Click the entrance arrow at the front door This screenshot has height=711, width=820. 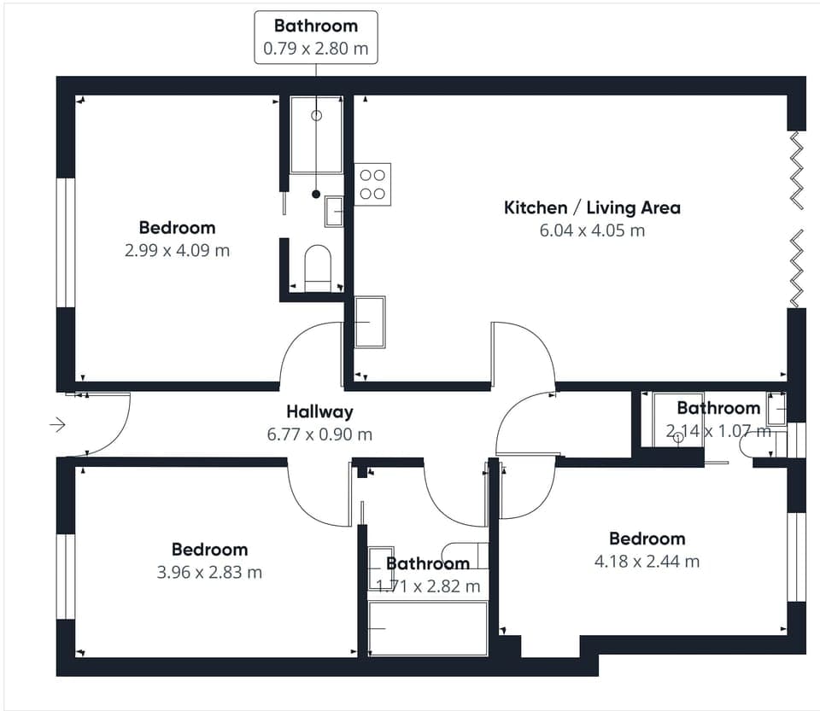[x=57, y=425]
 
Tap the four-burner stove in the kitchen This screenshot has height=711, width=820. [x=372, y=184]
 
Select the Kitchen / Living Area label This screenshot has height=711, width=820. [x=592, y=207]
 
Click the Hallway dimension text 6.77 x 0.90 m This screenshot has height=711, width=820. [x=319, y=434]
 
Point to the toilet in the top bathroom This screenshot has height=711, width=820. [x=318, y=267]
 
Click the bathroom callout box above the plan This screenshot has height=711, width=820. [x=316, y=38]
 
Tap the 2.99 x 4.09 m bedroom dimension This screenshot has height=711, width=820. [x=178, y=250]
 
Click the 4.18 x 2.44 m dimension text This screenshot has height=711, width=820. [x=647, y=561]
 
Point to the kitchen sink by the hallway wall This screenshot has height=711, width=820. [x=370, y=322]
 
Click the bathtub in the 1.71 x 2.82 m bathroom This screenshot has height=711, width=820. [x=428, y=628]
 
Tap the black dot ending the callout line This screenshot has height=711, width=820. [x=316, y=195]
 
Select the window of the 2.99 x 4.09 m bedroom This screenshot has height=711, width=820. [x=66, y=243]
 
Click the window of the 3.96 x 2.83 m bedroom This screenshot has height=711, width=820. [x=66, y=576]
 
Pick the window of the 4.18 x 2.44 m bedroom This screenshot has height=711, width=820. [x=796, y=557]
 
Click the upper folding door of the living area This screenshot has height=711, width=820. [x=796, y=171]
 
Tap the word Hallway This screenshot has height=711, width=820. [x=319, y=411]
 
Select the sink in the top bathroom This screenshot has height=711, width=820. [x=334, y=212]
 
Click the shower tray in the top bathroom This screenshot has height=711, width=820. [x=316, y=135]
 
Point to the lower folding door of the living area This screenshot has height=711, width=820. [x=796, y=269]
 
